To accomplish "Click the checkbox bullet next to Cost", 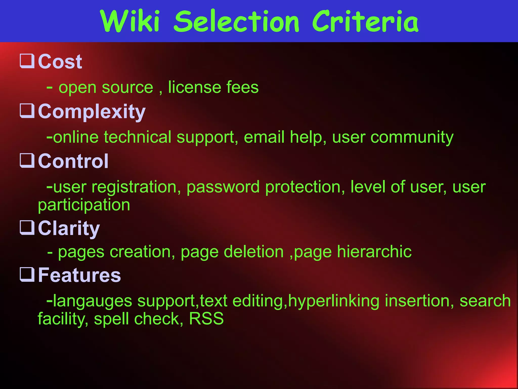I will point(27,61).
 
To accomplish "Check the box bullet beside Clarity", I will point(27,228).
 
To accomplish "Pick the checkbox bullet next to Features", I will point(27,275).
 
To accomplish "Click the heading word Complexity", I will point(92,112).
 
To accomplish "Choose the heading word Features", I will point(79,275).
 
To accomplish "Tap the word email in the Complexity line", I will point(264,137).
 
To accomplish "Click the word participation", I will point(84,205).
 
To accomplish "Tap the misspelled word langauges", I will point(93,301).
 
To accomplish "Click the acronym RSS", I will point(206,319).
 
